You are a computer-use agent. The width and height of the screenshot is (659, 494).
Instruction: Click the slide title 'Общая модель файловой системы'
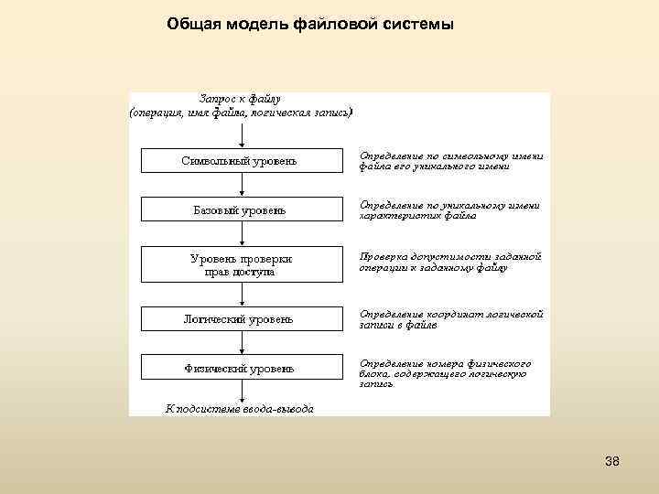(309, 24)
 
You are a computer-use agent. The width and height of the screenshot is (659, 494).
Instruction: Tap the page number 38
(612, 461)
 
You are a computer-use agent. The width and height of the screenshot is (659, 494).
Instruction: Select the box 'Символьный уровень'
(240, 161)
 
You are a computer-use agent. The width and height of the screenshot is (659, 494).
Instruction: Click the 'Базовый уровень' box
(240, 210)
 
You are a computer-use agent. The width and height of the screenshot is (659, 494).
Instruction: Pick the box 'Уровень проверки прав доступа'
(240, 264)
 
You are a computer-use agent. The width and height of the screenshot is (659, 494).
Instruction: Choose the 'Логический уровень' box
(240, 319)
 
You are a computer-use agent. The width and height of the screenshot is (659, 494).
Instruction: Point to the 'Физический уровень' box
(240, 369)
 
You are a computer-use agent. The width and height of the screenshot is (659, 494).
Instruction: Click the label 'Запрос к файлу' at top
(240, 98)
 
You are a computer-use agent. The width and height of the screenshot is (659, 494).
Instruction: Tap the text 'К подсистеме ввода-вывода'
(239, 408)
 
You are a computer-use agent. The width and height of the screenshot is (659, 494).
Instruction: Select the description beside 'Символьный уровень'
(451, 161)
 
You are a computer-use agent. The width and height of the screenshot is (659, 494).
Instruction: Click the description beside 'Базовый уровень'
(449, 210)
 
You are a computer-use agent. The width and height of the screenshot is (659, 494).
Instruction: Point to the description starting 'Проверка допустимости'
(451, 262)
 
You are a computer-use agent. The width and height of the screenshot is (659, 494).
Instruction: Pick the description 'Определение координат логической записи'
(451, 319)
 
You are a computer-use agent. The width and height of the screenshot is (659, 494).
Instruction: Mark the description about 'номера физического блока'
(445, 374)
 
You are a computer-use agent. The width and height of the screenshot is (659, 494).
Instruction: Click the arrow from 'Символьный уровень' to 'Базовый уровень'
(242, 186)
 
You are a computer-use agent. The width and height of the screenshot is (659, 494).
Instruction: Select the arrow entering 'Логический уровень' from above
(242, 295)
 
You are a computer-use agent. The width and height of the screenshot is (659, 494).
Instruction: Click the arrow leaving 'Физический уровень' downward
(242, 392)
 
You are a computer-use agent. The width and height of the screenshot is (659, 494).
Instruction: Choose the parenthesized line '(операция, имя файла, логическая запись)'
(240, 113)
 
